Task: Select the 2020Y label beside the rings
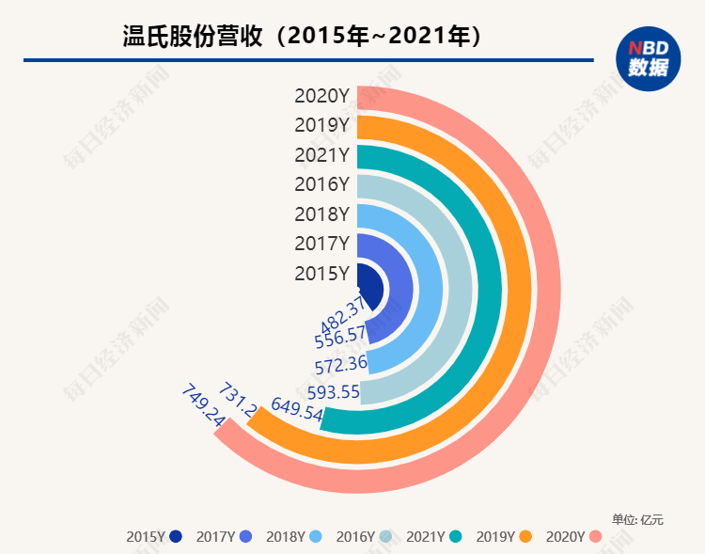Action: tap(321, 95)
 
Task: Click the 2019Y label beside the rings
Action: tap(321, 124)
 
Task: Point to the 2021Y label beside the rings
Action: tap(321, 154)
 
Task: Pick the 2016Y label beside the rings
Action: tap(321, 183)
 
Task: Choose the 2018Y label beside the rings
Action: tap(321, 214)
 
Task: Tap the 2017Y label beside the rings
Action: tap(321, 244)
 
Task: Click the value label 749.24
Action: tap(203, 405)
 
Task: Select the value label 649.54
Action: tap(296, 408)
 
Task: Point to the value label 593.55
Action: tap(334, 391)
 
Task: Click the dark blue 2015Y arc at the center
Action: tap(372, 284)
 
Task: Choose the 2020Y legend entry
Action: tap(573, 537)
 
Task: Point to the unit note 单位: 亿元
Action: tap(637, 518)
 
